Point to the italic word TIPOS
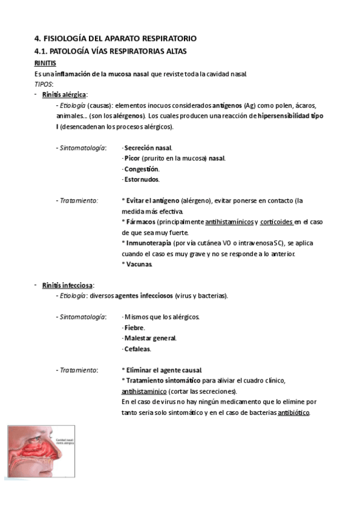(x=44, y=84)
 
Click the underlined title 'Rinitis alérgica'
(x=64, y=95)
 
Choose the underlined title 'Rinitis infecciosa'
(x=67, y=285)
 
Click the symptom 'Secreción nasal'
(x=147, y=148)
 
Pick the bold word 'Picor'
(x=132, y=158)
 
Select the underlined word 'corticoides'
(x=276, y=222)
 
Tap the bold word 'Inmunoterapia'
(x=147, y=243)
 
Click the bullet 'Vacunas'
(x=138, y=264)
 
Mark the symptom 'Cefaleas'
(x=137, y=349)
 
